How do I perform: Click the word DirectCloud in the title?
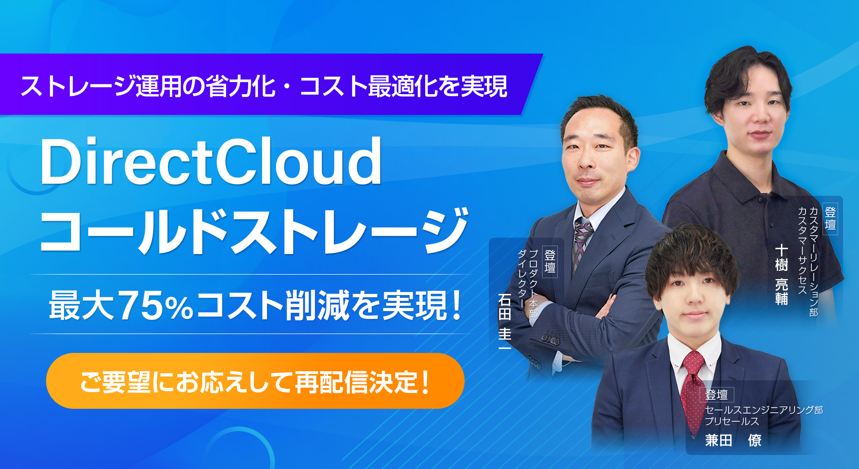pyautogui.click(x=211, y=161)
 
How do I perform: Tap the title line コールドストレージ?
pyautogui.click(x=254, y=231)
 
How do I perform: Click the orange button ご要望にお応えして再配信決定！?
pyautogui.click(x=255, y=381)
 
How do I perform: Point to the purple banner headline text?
pyautogui.click(x=264, y=86)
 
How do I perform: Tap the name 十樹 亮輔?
pyautogui.click(x=782, y=274)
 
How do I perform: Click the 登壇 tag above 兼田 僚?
pyautogui.click(x=717, y=395)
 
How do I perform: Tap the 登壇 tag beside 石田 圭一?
pyautogui.click(x=550, y=261)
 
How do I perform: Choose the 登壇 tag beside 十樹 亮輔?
pyautogui.click(x=830, y=218)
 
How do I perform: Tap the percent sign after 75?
pyautogui.click(x=179, y=308)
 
